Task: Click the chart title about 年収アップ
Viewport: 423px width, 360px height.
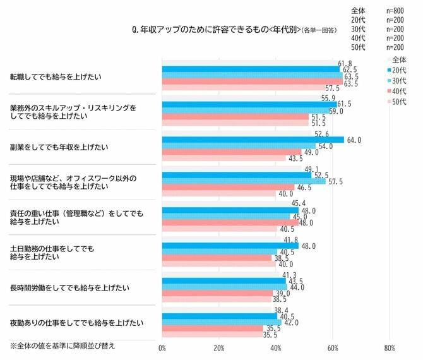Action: click(x=215, y=28)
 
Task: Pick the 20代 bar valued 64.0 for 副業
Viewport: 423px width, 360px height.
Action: click(x=253, y=140)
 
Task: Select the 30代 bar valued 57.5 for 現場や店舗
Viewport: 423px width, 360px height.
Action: click(x=244, y=181)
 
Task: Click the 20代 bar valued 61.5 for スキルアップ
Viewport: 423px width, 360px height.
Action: click(x=249, y=104)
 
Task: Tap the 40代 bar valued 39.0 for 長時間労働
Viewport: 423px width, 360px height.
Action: click(x=217, y=294)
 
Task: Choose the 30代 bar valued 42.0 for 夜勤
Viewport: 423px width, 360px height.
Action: click(x=222, y=322)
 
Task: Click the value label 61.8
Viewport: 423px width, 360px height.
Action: click(x=345, y=63)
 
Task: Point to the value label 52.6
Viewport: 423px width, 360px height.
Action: click(x=322, y=133)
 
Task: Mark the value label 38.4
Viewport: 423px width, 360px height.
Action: click(x=282, y=310)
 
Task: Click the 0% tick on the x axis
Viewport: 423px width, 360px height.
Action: click(x=162, y=347)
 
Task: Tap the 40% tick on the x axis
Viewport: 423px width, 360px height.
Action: click(x=276, y=347)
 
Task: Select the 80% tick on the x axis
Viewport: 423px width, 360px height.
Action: click(x=389, y=347)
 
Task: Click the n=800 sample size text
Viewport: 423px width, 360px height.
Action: click(x=396, y=11)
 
